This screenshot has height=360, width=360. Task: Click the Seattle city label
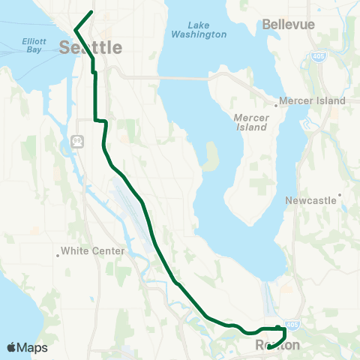[90, 48]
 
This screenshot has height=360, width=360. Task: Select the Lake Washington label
[199, 29]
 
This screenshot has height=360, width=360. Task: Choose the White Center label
[92, 251]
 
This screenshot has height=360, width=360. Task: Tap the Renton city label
[277, 346]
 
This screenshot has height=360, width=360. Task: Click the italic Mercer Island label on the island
[250, 122]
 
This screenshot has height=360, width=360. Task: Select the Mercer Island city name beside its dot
[313, 100]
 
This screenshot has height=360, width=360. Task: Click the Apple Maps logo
[27, 347]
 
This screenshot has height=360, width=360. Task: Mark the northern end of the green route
[91, 12]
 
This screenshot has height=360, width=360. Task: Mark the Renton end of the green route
[268, 346]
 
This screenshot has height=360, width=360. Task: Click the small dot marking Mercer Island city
[276, 106]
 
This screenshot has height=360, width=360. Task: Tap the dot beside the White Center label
[58, 254]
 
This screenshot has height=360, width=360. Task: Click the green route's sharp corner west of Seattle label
[76, 30]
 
